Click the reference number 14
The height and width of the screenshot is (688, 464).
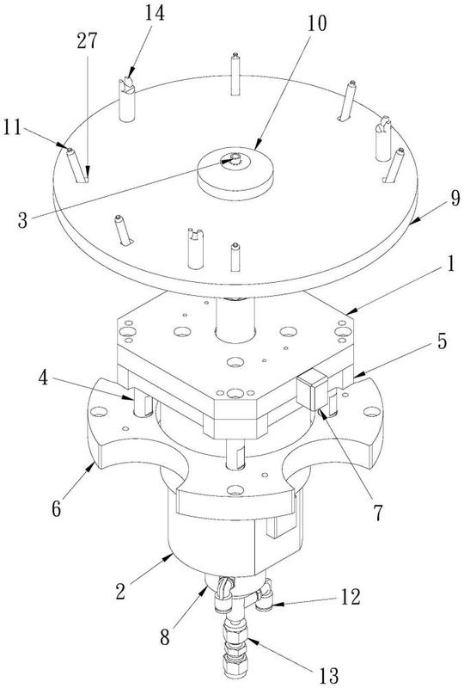tap(155, 14)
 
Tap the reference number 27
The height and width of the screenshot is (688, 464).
tap(87, 41)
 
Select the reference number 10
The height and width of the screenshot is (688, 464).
tap(317, 23)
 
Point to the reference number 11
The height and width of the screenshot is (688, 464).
tap(12, 127)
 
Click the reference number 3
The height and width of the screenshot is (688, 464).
tap(23, 220)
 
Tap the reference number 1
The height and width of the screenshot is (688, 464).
tap(451, 266)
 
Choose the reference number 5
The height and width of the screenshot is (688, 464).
tap(442, 341)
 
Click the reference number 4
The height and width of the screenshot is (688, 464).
tap(43, 378)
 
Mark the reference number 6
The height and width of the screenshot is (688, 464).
tap(56, 509)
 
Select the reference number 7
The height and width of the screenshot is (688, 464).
tap(378, 513)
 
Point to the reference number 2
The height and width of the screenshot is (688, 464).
tap(120, 591)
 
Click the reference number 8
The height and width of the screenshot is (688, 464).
tap(164, 637)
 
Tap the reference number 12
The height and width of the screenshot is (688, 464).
tap(351, 597)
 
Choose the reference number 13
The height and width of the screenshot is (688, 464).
tap(329, 676)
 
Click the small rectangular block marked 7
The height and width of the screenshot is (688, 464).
tap(312, 389)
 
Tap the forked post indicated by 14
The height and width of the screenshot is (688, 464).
tap(127, 99)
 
